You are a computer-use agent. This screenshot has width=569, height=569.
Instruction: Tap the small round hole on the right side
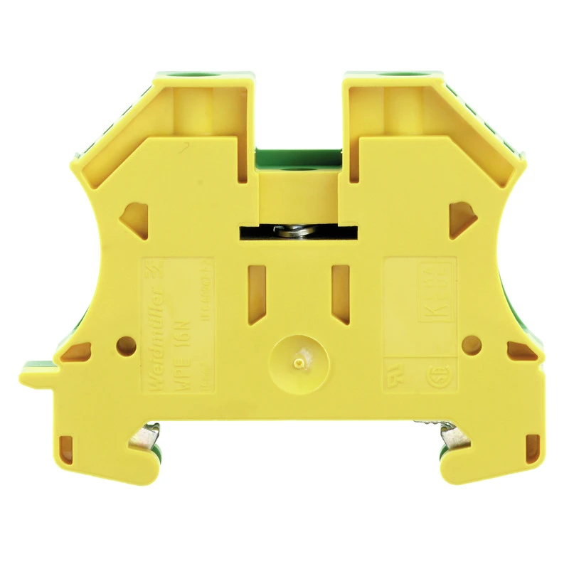(468, 344)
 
